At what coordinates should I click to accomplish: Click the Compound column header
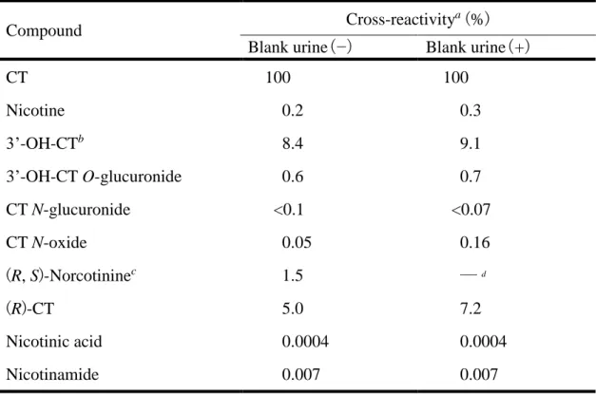coord(44,30)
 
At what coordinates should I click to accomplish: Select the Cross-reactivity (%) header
coord(417,19)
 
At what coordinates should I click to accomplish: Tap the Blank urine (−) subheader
coord(299,47)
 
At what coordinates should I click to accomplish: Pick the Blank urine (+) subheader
coord(478,47)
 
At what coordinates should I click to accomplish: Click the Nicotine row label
coord(35,110)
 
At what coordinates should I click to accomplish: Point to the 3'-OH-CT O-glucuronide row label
coord(94,177)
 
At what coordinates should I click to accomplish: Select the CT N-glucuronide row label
coord(68,210)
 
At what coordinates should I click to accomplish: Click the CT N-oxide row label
coord(47,242)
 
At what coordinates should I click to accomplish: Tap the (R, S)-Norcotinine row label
coord(71,276)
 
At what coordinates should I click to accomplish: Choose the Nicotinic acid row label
coord(54,341)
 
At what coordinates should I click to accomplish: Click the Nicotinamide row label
coord(52,374)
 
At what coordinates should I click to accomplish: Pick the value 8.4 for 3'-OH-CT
coord(293,143)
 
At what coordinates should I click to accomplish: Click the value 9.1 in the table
coord(471,143)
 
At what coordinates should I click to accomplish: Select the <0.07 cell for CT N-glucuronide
coord(471,210)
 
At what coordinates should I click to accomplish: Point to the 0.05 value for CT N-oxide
coord(297,242)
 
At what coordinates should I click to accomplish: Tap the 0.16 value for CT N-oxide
coord(474,242)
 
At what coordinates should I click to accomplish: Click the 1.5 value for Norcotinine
coord(293,275)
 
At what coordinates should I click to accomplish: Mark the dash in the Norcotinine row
coord(469,274)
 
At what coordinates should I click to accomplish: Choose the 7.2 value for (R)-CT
coord(471,309)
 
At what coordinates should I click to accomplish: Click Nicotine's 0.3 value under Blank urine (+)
coord(471,110)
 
